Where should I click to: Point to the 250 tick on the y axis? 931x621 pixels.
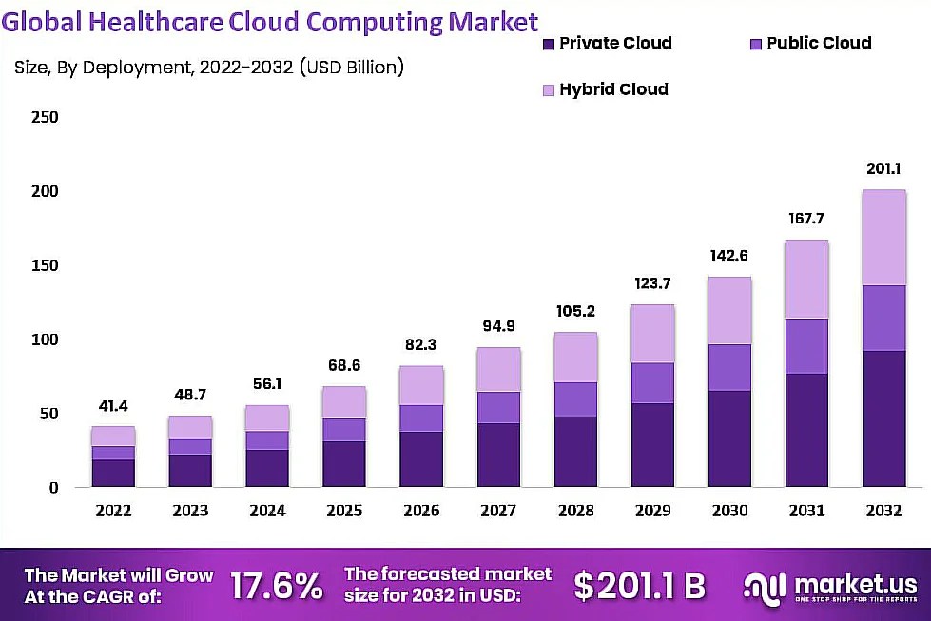click(45, 118)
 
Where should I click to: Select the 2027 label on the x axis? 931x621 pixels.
click(498, 512)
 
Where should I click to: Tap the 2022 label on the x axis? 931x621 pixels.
click(113, 512)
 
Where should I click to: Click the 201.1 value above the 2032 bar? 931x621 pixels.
click(883, 169)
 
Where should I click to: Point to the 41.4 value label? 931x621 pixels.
click(113, 406)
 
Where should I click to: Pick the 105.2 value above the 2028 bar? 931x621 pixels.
click(575, 311)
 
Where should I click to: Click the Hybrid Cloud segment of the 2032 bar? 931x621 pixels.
click(883, 238)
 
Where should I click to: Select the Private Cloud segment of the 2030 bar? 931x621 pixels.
click(729, 438)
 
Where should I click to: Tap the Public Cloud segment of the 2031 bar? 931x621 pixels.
click(806, 346)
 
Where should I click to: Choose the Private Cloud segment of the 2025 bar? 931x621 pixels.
click(344, 464)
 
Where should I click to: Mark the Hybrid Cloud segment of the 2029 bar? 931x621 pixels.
click(652, 334)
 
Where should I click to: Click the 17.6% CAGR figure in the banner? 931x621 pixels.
click(277, 586)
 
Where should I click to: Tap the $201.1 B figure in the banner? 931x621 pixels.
click(640, 586)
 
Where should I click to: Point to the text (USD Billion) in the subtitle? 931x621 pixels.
click(352, 68)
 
